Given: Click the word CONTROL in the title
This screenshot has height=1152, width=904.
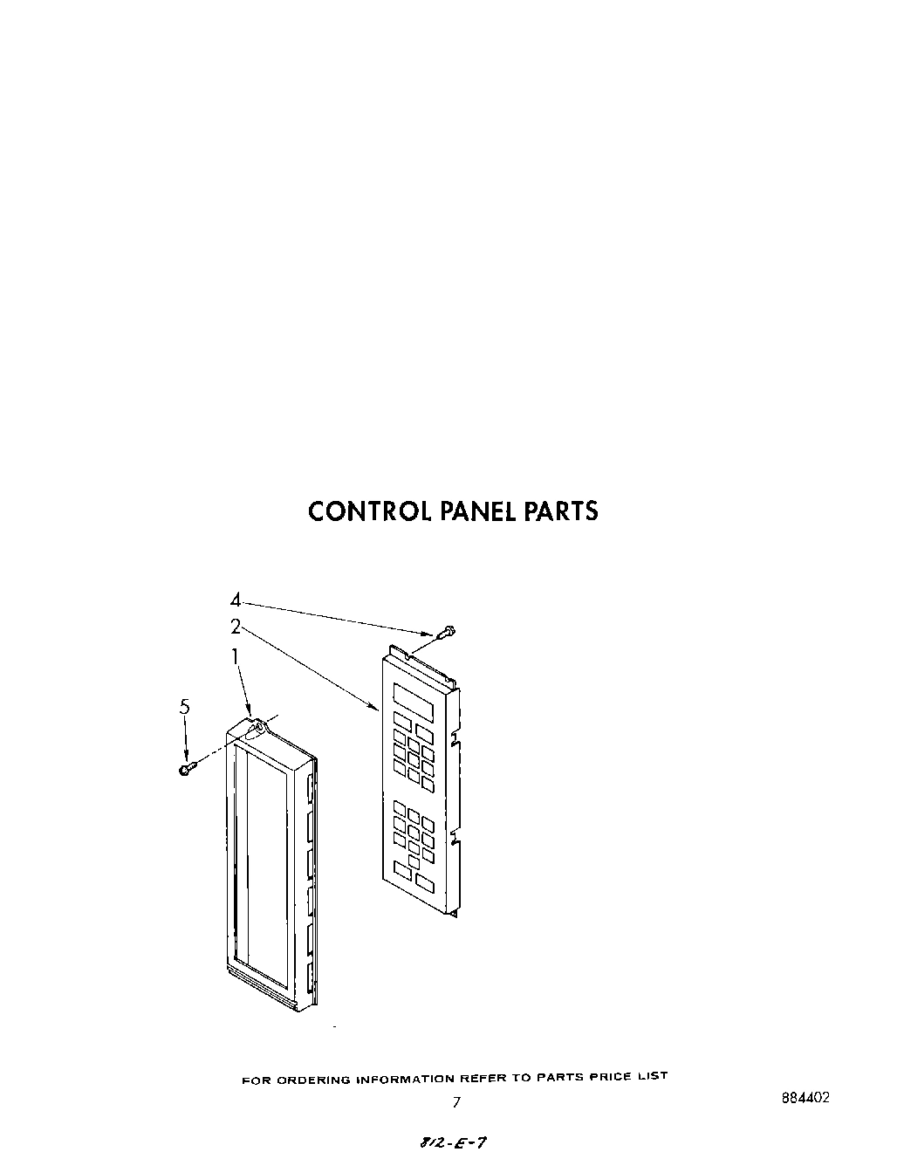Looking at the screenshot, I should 366,511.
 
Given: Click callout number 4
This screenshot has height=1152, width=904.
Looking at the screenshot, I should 236,600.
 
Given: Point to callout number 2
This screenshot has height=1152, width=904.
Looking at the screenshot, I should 236,625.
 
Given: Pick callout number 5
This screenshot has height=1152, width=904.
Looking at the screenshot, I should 184,708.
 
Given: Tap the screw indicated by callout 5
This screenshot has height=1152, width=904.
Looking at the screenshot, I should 187,769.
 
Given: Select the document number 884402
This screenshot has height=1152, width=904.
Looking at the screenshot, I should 805,1098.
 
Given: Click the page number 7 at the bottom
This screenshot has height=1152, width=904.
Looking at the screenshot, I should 455,1102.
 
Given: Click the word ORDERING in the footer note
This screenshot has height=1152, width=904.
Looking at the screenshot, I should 314,1080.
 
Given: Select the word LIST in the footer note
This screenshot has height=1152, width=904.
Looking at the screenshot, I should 652,1076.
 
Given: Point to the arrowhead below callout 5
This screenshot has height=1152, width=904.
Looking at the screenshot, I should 185,757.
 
